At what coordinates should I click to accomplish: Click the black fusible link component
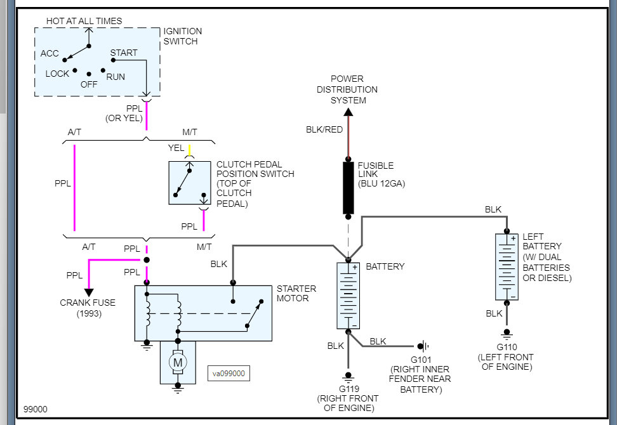[348, 188]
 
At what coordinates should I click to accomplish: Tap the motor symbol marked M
[178, 362]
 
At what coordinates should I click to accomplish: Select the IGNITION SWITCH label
[183, 36]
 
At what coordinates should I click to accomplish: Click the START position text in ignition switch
[124, 53]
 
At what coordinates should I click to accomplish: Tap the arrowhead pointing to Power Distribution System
[348, 113]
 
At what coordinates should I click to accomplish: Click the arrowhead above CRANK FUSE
[88, 292]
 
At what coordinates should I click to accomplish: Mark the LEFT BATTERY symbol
[507, 266]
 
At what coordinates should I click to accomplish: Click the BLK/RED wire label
[324, 129]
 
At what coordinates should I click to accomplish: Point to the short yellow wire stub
[189, 150]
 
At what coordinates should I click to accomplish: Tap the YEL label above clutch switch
[176, 148]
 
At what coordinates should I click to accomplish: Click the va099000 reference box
[229, 374]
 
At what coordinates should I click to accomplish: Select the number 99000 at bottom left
[36, 410]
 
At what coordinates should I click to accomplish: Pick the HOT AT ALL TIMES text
[84, 21]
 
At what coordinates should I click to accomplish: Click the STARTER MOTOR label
[296, 294]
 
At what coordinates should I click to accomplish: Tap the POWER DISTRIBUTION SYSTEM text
[348, 89]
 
